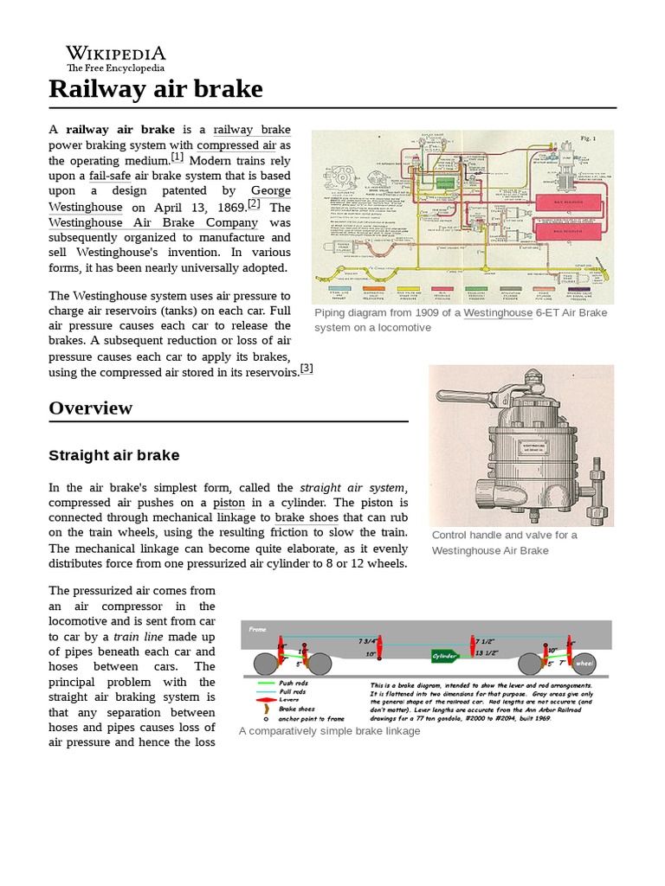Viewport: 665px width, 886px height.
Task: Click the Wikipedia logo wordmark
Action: click(116, 54)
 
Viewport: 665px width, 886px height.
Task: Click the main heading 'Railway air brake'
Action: click(155, 89)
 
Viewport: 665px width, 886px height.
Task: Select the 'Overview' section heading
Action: click(90, 408)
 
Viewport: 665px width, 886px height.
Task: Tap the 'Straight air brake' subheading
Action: click(113, 455)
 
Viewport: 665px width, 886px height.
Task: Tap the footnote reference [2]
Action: click(254, 204)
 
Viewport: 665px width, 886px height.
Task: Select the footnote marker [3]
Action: click(307, 368)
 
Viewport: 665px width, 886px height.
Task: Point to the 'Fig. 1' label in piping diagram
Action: click(589, 138)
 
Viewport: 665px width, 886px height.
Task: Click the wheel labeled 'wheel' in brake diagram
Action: click(584, 664)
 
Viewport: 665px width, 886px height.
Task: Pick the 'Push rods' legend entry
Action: click(290, 683)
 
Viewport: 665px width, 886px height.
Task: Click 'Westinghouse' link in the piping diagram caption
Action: click(497, 312)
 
